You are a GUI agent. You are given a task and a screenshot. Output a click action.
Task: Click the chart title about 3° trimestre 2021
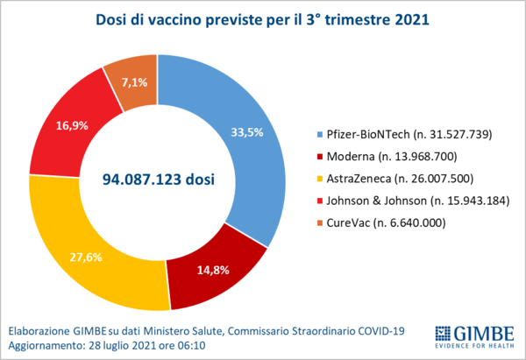tap(262, 19)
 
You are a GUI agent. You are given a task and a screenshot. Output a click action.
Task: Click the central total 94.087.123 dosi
tap(159, 180)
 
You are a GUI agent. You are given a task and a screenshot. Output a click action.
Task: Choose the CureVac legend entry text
tap(391, 222)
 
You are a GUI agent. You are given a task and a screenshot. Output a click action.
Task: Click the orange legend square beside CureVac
tap(321, 223)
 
